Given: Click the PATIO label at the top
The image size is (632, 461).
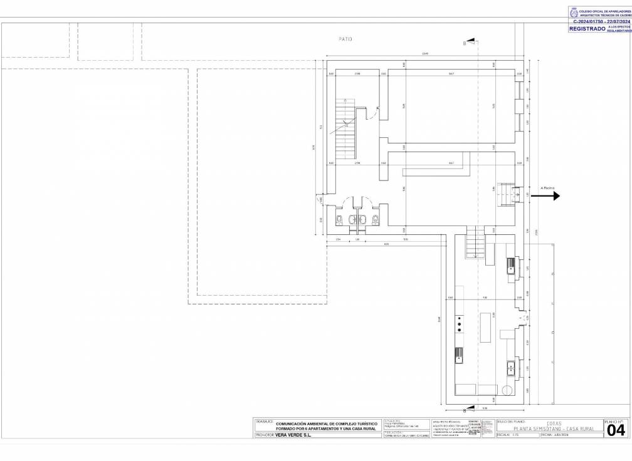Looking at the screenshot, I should tap(345, 39).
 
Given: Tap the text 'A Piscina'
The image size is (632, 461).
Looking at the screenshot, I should tap(547, 187).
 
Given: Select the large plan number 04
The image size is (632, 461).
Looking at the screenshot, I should tap(616, 430).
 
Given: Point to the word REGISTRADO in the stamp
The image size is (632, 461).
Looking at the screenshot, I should tap(587, 29).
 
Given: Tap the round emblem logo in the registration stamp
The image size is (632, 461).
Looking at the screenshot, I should tap(574, 13).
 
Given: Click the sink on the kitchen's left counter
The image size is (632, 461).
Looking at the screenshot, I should tap(460, 356).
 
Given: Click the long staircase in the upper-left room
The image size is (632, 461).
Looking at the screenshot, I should tap(345, 128).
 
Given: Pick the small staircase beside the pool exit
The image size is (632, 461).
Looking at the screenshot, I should tap(505, 195).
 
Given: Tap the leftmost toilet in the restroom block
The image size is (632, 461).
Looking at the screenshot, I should tap(339, 219).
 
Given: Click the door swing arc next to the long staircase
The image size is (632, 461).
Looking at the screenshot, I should tap(373, 113).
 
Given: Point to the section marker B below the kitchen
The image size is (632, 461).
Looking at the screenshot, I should tap(464, 410).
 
